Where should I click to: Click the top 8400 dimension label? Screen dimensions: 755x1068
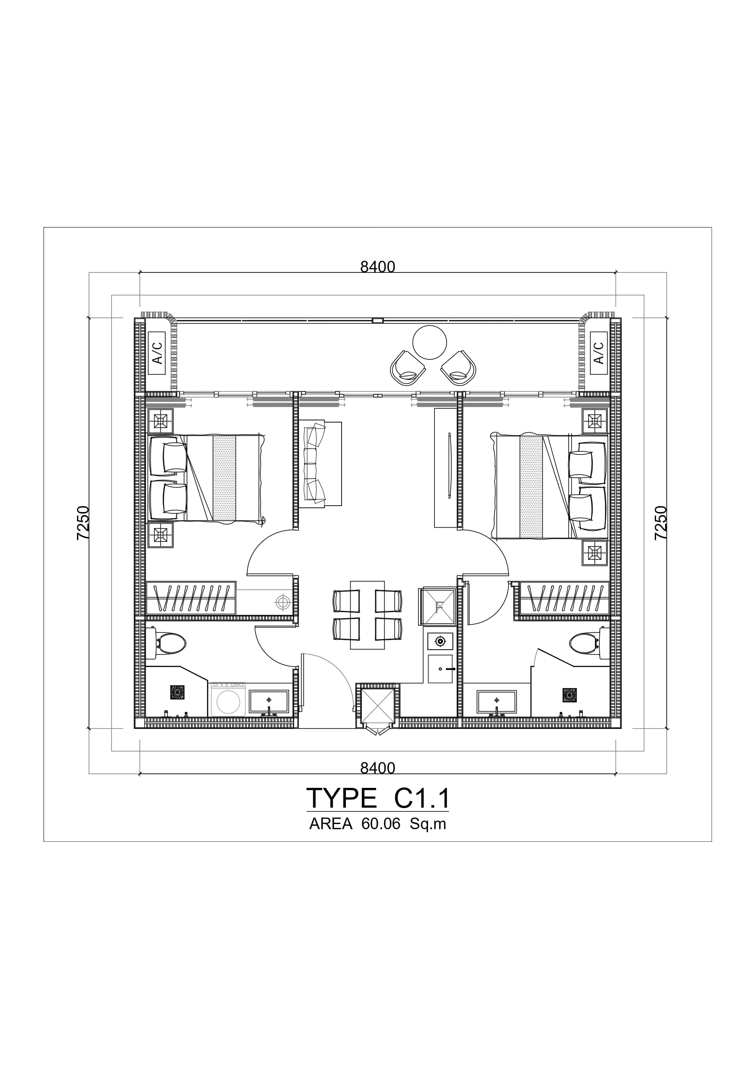tap(377, 266)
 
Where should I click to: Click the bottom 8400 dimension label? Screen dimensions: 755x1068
tap(377, 768)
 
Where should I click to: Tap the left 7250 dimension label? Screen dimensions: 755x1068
tap(83, 523)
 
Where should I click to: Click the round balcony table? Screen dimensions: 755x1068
tap(429, 343)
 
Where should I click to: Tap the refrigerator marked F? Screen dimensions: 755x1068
tap(438, 606)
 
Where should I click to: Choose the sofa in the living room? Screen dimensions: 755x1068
tap(320, 463)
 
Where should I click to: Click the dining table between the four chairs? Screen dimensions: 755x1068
tap(367, 615)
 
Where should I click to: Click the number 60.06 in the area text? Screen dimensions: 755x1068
tap(381, 824)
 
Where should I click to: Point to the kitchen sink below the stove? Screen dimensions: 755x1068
tap(440, 669)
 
